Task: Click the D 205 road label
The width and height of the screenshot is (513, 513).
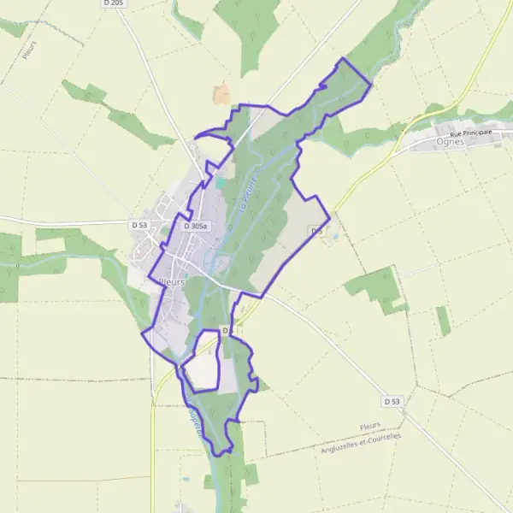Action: tap(112, 3)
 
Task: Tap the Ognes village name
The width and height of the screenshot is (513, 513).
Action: tap(450, 142)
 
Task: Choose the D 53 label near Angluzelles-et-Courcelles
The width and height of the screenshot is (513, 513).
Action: tap(392, 401)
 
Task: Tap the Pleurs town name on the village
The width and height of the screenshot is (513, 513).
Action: tap(172, 281)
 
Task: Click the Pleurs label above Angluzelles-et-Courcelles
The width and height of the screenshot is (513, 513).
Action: tap(370, 426)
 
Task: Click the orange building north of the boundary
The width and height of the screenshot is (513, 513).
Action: tap(221, 94)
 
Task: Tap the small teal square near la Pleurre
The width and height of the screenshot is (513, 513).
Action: tap(220, 182)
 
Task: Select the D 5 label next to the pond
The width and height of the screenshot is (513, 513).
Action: tap(316, 232)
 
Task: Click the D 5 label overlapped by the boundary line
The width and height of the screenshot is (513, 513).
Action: tap(227, 331)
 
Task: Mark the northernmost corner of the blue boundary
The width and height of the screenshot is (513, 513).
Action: tap(343, 58)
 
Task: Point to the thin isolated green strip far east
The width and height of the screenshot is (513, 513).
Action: tap(443, 321)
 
